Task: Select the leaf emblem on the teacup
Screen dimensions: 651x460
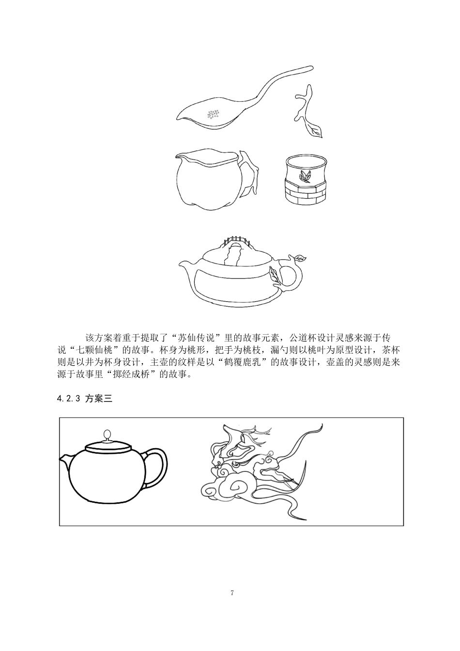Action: [305, 176]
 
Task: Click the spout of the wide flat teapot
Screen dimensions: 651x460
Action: [186, 264]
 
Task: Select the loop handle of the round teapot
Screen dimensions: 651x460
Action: [158, 467]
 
